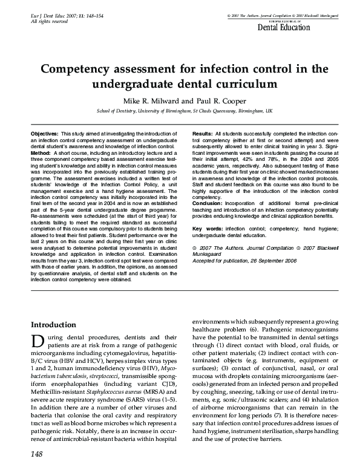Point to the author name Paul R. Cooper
(219, 100)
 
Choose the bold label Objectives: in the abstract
(45, 132)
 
